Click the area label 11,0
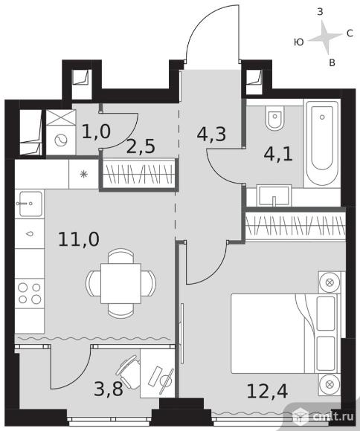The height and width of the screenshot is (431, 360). pyautogui.click(x=79, y=239)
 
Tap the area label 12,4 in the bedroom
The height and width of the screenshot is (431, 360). pyautogui.click(x=267, y=391)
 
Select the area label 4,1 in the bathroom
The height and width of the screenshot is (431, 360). pyautogui.click(x=278, y=155)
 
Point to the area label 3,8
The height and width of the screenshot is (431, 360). pyautogui.click(x=108, y=389)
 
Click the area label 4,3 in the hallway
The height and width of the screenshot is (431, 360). pyautogui.click(x=211, y=134)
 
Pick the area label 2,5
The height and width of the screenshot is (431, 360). pyautogui.click(x=141, y=146)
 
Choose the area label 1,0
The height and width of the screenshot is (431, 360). pyautogui.click(x=97, y=132)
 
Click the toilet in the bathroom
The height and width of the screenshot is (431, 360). pyautogui.click(x=274, y=118)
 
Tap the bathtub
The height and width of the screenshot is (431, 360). pyautogui.click(x=322, y=143)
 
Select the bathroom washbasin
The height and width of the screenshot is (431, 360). pyautogui.click(x=274, y=195)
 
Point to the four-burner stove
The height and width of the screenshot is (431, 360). pyautogui.click(x=30, y=294)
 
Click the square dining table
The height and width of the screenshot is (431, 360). pyautogui.click(x=120, y=283)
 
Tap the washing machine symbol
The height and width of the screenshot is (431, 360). pyautogui.click(x=61, y=140)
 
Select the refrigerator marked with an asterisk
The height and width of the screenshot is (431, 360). pyautogui.click(x=83, y=175)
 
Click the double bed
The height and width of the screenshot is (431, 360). pyautogui.click(x=285, y=333)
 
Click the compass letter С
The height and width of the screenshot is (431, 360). pyautogui.click(x=350, y=33)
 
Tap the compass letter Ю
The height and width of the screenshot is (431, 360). pyautogui.click(x=298, y=42)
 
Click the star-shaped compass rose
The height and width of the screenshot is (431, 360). pyautogui.click(x=325, y=37)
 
